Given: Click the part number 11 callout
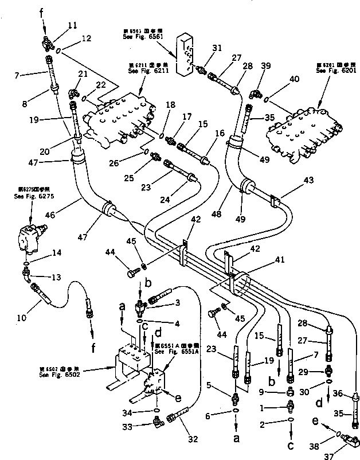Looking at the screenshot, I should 72,25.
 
